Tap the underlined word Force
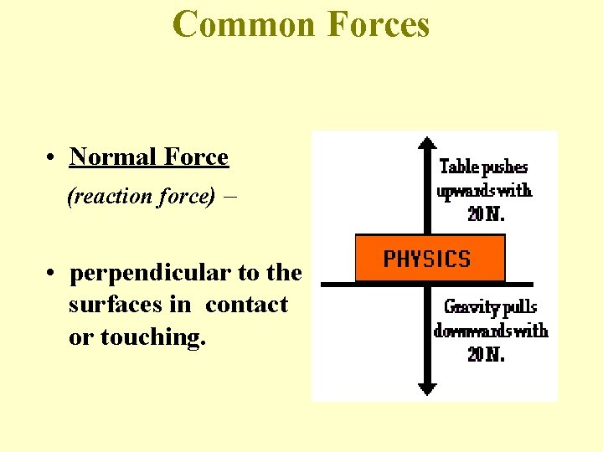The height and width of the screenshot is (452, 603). coord(197,157)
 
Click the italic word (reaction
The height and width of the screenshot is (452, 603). coord(104,197)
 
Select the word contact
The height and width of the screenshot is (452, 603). coord(246,305)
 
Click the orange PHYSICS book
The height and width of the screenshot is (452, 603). coord(430,258)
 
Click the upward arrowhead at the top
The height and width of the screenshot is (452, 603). coord(427,141)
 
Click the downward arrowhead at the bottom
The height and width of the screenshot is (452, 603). coord(427,388)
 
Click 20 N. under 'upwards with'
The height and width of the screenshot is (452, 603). coord(486,213)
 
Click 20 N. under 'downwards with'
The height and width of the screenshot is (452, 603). coord(486,354)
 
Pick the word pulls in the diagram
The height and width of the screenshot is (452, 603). coord(521,306)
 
